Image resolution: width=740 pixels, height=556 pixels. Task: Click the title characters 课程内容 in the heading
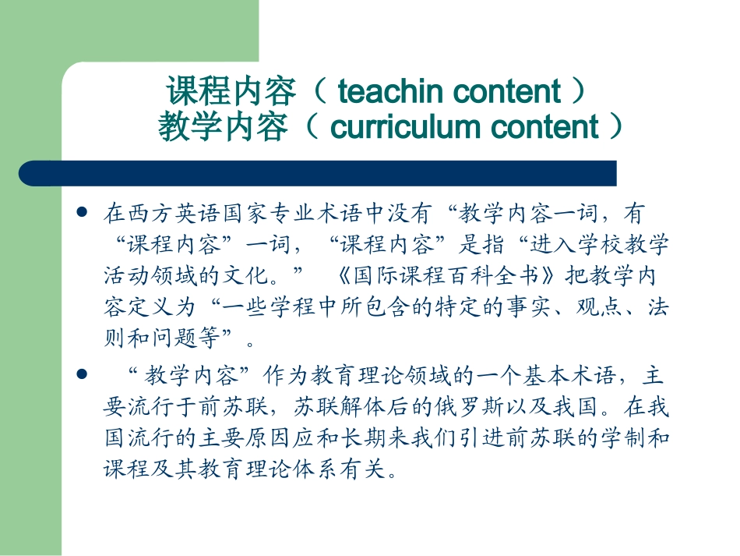[x=231, y=92]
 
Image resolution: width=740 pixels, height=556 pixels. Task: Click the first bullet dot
[x=82, y=211]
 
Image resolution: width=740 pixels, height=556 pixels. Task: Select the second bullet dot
[x=82, y=376]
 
